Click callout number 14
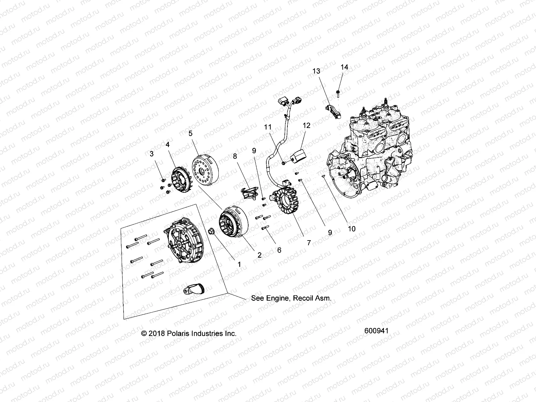[344, 67]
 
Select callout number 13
[316, 71]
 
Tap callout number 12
[307, 126]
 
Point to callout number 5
[190, 133]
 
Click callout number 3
[152, 154]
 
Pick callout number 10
[351, 229]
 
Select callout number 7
[309, 242]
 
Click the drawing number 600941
[376, 331]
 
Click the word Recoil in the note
[303, 298]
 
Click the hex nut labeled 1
[212, 231]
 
